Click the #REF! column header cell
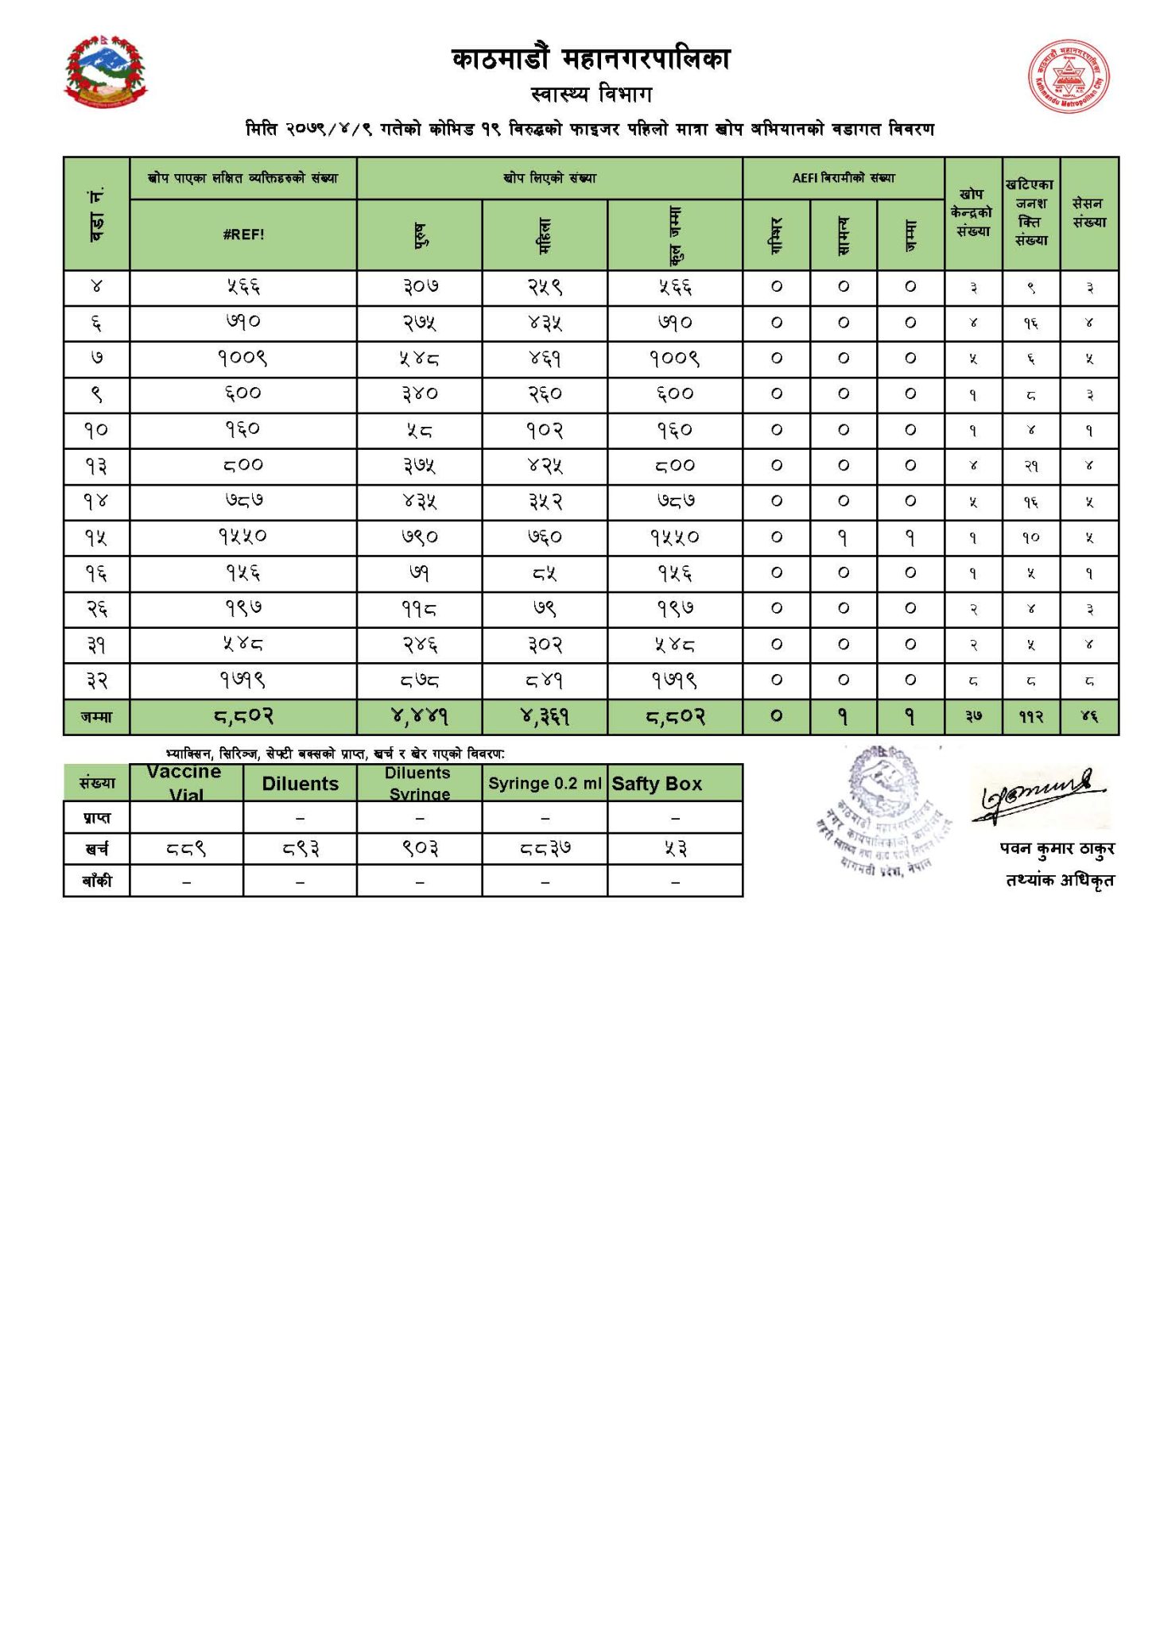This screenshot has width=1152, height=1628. (x=242, y=235)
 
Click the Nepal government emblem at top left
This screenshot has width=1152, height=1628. (x=106, y=71)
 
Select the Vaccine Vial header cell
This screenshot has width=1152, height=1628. (x=186, y=783)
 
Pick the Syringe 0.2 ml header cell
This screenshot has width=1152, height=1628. (x=545, y=784)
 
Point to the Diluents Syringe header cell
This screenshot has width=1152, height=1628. (x=419, y=783)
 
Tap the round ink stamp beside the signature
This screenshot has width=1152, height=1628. (x=879, y=808)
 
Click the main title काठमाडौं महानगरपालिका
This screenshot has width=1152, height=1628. (x=591, y=60)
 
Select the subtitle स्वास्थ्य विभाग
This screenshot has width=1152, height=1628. (x=592, y=95)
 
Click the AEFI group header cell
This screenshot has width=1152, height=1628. (x=843, y=178)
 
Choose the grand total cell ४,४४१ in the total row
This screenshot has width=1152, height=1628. (x=419, y=717)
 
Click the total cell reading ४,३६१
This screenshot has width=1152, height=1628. (x=545, y=717)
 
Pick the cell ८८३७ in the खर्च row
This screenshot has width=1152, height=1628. (x=545, y=849)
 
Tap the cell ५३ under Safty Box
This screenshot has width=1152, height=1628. (x=675, y=849)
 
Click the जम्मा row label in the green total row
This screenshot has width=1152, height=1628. (x=96, y=717)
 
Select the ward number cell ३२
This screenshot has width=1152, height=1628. (x=96, y=681)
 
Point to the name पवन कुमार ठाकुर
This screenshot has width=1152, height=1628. (x=1057, y=849)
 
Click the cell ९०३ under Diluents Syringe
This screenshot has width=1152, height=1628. (x=419, y=849)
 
